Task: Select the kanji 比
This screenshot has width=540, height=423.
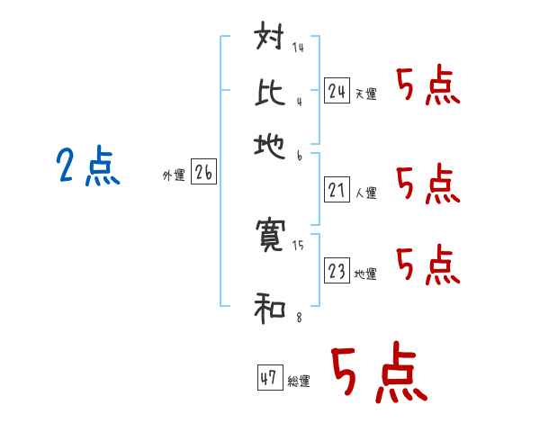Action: (x=271, y=92)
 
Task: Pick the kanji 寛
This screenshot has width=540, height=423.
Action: (x=271, y=236)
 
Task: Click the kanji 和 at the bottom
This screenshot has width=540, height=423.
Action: (x=271, y=310)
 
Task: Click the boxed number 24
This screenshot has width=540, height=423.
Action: (x=337, y=90)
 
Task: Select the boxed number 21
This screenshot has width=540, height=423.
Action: (x=337, y=190)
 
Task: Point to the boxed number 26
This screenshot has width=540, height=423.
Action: (x=203, y=174)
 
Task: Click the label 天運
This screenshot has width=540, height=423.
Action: (x=365, y=94)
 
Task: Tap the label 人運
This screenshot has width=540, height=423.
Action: (x=365, y=193)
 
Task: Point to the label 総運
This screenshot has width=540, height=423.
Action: (x=299, y=382)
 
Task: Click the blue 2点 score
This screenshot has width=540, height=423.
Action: (x=87, y=168)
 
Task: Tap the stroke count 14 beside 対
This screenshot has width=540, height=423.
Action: (x=298, y=47)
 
